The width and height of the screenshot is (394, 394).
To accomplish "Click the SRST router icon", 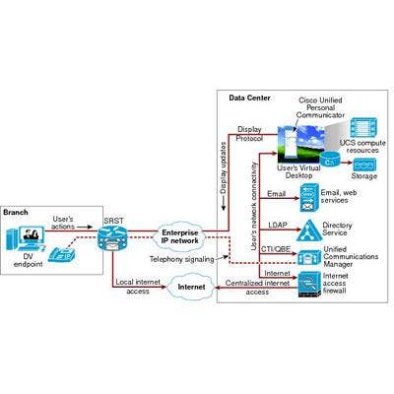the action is (111, 238).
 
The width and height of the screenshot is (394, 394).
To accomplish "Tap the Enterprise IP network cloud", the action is (180, 236).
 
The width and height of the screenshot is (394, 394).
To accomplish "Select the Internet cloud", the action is (191, 287).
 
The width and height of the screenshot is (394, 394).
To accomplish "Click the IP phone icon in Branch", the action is (62, 254).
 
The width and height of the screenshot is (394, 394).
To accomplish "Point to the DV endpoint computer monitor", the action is (32, 235).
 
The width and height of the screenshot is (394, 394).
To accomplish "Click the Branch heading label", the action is (16, 212).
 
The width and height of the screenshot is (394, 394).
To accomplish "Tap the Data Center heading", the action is (249, 98).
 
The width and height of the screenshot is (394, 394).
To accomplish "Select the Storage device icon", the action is (364, 164).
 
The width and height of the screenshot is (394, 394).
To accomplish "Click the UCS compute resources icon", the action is (363, 128).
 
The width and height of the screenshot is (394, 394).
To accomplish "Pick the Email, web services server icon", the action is (309, 198).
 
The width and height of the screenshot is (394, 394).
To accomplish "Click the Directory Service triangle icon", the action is (307, 230).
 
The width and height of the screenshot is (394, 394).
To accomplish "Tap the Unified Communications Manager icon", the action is (309, 258).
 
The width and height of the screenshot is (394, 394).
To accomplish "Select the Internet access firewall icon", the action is (309, 285).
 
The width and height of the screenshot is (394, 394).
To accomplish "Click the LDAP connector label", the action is (278, 225).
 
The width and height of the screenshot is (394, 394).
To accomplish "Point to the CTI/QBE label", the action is (276, 249).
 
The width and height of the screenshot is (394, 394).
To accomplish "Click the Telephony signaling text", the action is (182, 259).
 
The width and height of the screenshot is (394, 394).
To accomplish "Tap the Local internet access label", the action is (138, 287).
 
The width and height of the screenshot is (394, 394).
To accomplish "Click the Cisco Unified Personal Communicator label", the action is (320, 107).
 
